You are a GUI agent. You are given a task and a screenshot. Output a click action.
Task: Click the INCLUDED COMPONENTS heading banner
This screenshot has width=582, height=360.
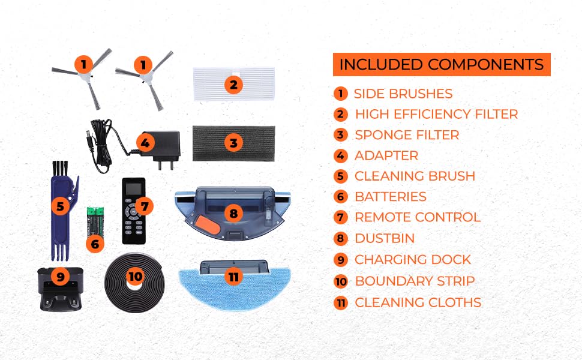[x=442, y=65]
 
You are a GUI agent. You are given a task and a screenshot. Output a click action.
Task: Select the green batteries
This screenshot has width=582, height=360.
[x=95, y=222]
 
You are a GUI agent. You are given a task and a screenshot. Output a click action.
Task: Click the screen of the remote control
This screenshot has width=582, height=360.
[x=134, y=188]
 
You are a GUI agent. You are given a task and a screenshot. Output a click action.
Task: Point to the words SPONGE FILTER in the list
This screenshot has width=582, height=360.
[x=407, y=135]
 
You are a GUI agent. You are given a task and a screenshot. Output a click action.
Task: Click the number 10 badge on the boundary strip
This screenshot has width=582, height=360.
[x=135, y=276]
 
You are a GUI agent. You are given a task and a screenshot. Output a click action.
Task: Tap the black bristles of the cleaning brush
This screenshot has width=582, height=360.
[x=61, y=169]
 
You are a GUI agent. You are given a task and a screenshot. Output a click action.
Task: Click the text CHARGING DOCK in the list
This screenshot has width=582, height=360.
[x=412, y=259]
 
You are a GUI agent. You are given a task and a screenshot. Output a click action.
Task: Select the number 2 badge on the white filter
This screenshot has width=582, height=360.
[x=233, y=85]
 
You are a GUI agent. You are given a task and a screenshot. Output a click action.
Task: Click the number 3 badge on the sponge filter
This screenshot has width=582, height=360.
[x=233, y=143]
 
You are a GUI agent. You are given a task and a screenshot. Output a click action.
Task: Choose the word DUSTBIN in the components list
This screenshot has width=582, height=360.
[x=385, y=238]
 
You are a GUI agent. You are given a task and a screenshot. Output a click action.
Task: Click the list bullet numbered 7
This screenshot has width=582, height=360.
[x=340, y=217]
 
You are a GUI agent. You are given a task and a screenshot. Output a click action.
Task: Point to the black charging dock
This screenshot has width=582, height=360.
[x=61, y=289]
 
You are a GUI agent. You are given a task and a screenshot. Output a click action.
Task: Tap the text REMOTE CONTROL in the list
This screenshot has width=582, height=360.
[x=418, y=217]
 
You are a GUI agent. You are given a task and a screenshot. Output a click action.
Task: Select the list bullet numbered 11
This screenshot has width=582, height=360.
[x=340, y=302]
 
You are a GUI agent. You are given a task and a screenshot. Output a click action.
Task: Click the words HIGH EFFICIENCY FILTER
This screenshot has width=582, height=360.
[x=437, y=114]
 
